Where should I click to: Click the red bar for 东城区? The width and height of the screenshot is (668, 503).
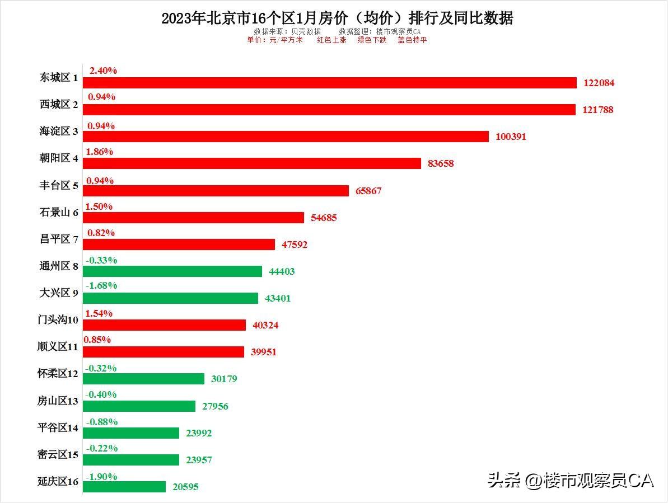coord(330,83)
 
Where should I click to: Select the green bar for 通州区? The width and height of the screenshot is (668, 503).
coord(172,271)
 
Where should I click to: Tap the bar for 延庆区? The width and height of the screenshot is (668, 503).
coord(124,487)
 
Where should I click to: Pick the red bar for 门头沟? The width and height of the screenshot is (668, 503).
coord(165,325)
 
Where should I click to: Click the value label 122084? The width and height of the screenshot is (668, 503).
coord(599,83)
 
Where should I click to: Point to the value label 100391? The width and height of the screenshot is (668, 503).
coord(511,137)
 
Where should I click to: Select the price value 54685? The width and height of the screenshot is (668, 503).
coord(324,218)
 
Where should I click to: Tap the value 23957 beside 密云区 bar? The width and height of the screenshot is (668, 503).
coord(199,460)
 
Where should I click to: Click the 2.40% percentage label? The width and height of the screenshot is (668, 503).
coord(103,70)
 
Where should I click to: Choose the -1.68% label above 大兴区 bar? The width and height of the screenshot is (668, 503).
coord(101,285)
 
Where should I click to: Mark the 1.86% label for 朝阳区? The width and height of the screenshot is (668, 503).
coord(100,152)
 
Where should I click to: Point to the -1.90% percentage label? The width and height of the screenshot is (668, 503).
coord(101,477)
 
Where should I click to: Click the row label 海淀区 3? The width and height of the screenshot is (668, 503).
coord(59,131)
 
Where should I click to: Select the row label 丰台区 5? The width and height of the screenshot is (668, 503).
coord(59,186)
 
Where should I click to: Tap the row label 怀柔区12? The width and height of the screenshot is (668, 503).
coord(58,374)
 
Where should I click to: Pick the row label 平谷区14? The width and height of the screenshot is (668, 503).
coord(58,427)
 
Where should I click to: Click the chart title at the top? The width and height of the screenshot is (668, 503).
coord(337,18)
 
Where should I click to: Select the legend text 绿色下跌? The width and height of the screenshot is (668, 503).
coord(372,40)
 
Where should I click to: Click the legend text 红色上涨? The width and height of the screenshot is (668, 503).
coord(332,40)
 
